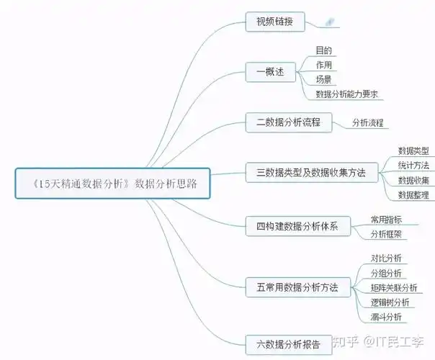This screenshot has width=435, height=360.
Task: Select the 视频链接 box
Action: (270, 22)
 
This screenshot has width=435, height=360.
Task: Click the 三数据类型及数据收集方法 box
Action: (311, 173)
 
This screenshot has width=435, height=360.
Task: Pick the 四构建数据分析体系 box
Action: (297, 227)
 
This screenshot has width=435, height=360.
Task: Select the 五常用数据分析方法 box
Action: (297, 287)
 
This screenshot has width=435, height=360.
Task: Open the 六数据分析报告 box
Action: (288, 342)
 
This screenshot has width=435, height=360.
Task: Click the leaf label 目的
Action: (323, 50)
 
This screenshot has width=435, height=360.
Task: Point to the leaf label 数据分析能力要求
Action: (347, 94)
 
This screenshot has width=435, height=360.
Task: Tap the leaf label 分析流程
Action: (367, 122)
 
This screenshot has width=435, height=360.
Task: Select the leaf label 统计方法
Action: (413, 166)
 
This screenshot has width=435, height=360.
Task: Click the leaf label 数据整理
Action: (413, 194)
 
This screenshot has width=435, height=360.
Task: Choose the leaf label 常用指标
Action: (386, 220)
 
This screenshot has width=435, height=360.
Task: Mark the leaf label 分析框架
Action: (386, 234)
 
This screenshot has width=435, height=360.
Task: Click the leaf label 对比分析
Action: (386, 258)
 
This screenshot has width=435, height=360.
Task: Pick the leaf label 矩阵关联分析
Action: (393, 288)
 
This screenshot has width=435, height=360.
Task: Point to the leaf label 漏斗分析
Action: (386, 317)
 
